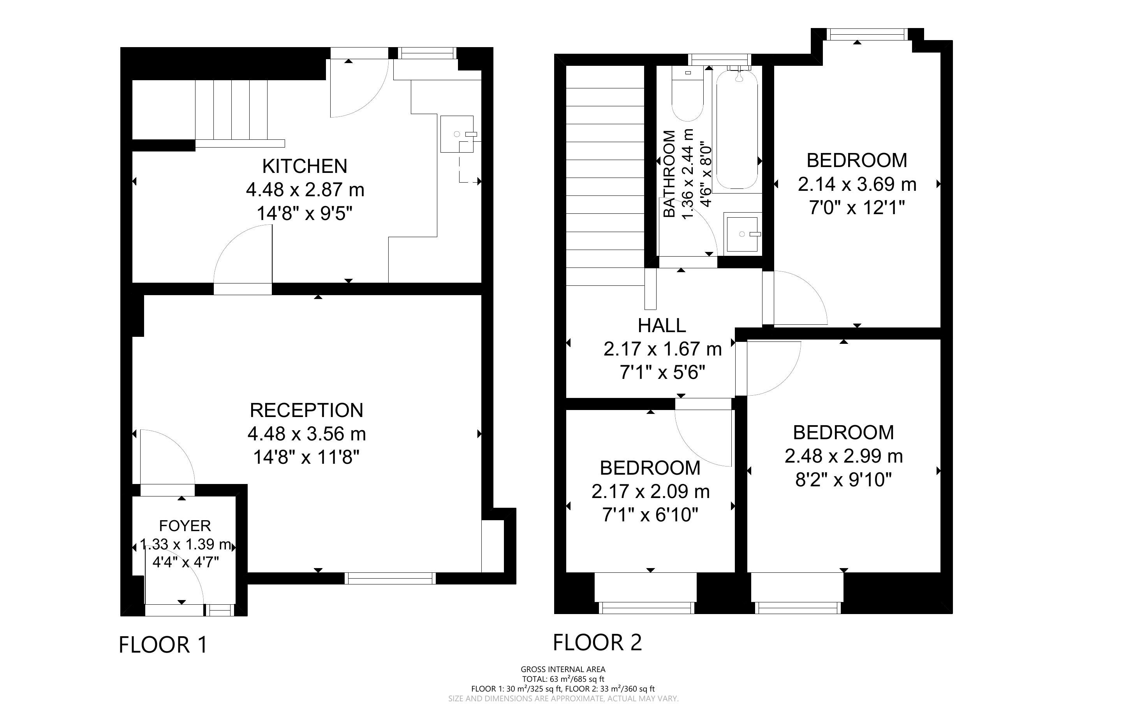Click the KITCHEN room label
305,166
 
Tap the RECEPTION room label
306,410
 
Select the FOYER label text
185,526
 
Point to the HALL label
662,326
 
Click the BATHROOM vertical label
669,174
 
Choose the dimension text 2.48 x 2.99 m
843,456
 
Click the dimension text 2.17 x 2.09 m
650,492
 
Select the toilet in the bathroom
687,93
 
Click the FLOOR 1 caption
163,645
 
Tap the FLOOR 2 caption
597,642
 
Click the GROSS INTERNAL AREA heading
563,670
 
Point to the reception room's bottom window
390,578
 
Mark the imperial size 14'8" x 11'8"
306,458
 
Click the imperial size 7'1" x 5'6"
662,373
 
